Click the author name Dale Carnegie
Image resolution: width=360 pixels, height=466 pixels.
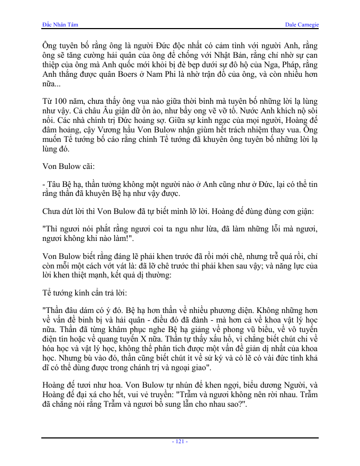click(x=301, y=25)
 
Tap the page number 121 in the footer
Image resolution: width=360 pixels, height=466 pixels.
click(x=180, y=441)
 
